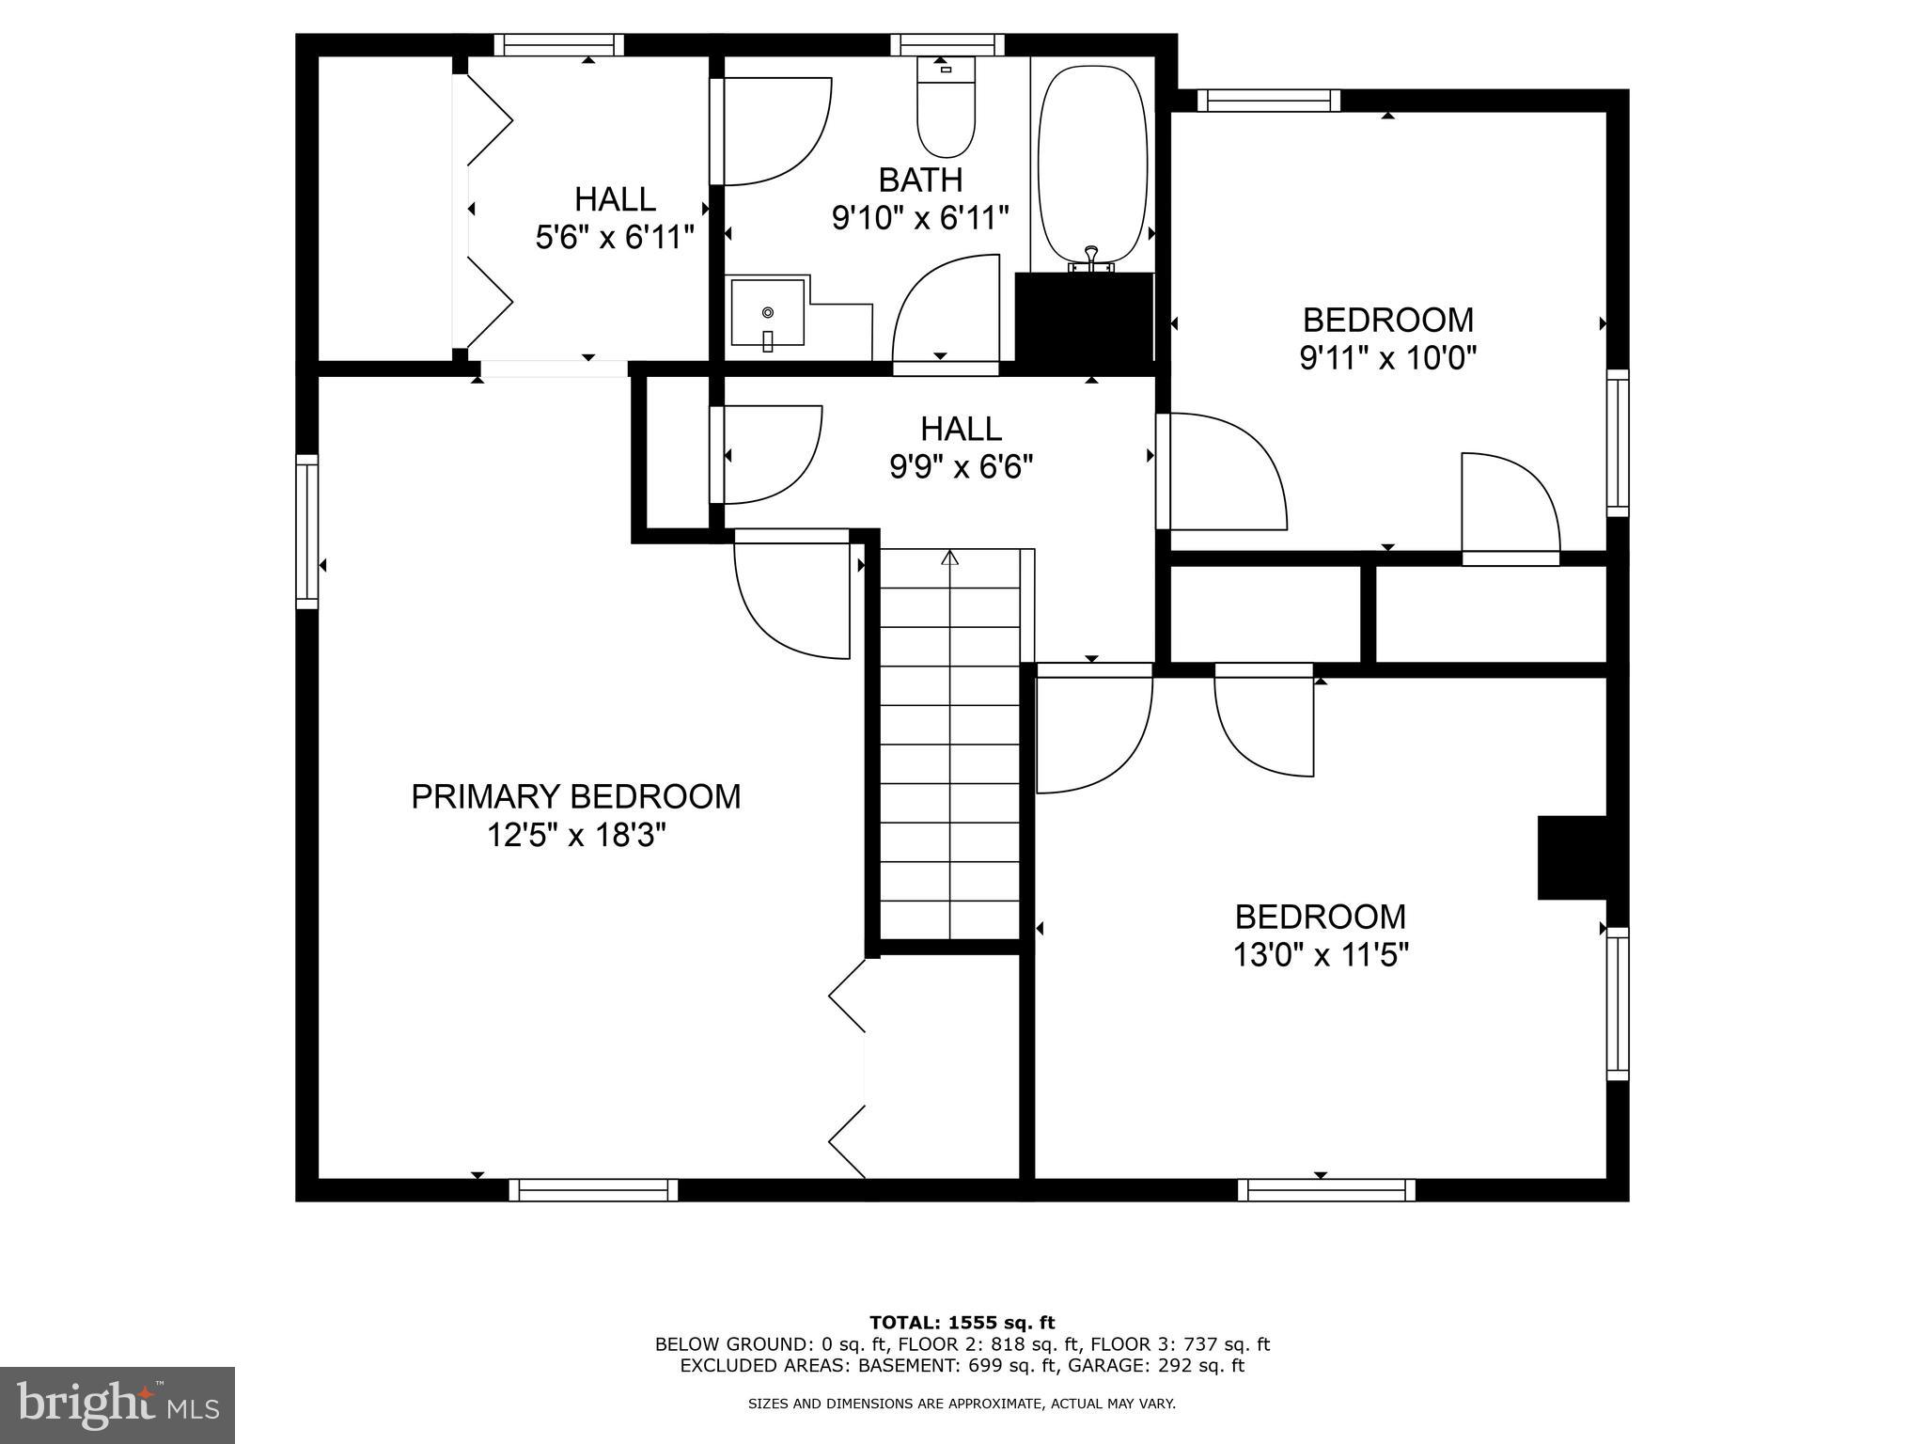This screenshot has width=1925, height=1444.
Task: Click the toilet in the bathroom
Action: [x=946, y=111]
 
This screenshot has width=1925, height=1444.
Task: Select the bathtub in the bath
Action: [x=1092, y=165]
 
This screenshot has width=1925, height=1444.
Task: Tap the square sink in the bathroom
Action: [x=768, y=312]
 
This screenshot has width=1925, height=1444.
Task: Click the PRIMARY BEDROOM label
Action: [x=575, y=796]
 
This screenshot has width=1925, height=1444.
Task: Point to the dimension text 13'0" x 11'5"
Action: [x=1320, y=956]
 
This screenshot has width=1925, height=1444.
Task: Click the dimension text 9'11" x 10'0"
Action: [x=1387, y=358]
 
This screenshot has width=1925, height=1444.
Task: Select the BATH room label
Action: [x=919, y=179]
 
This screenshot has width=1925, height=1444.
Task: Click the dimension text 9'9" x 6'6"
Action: [x=961, y=466]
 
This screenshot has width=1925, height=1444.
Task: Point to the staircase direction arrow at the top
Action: [x=949, y=558]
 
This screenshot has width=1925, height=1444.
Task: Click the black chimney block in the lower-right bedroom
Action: [x=1572, y=857]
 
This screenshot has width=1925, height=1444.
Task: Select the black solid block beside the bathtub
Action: [x=1084, y=318]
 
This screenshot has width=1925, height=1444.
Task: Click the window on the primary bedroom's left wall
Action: [x=307, y=531]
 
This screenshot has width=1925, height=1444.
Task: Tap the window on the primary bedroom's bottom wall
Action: [x=593, y=1190]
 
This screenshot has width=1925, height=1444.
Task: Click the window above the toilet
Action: [x=947, y=44]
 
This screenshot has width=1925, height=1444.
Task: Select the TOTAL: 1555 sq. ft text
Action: [x=962, y=1323]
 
